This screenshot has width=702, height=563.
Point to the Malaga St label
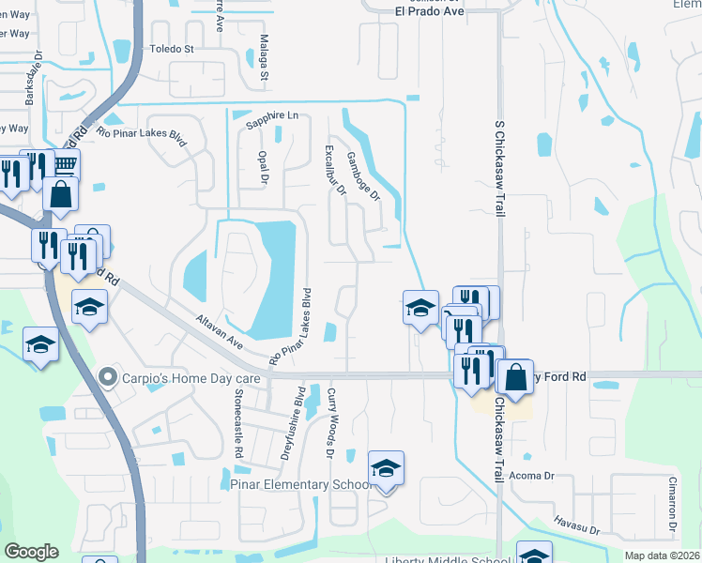coord(265,59)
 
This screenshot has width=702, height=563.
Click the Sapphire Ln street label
coord(271,115)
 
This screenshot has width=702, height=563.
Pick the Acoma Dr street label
coord(536,476)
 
